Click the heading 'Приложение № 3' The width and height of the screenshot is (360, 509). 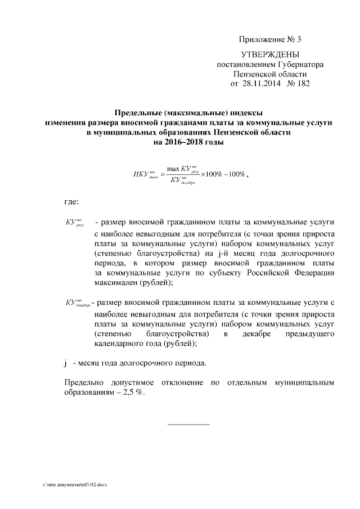271,39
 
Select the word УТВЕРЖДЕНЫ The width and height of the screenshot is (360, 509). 270,55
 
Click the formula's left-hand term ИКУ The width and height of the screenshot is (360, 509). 141,174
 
